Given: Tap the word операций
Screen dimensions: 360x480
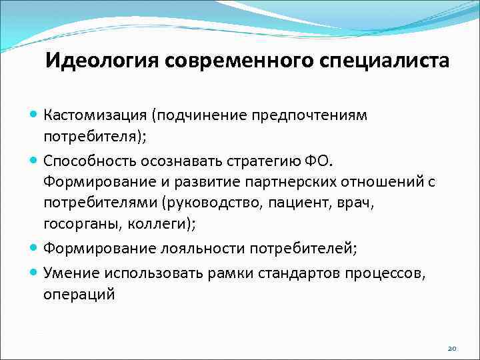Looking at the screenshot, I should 79,294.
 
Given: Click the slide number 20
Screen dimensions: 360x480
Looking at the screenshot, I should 452,348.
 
